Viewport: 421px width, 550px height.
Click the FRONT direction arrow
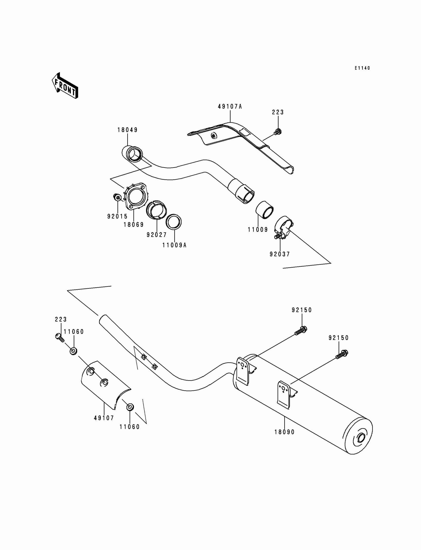click(65, 86)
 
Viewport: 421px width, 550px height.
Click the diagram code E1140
click(362, 68)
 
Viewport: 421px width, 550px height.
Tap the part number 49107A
click(230, 107)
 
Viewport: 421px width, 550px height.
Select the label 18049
click(128, 130)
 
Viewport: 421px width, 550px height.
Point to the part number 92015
click(117, 216)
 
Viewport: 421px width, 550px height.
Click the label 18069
click(133, 225)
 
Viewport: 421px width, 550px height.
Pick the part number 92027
click(157, 235)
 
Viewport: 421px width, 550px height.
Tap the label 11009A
click(174, 245)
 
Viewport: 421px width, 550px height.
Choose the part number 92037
click(280, 254)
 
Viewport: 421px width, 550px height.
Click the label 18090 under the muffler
click(285, 432)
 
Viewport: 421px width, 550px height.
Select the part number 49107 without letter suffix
click(104, 418)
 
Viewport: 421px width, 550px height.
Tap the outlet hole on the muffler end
click(361, 438)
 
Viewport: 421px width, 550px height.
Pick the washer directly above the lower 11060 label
click(130, 407)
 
